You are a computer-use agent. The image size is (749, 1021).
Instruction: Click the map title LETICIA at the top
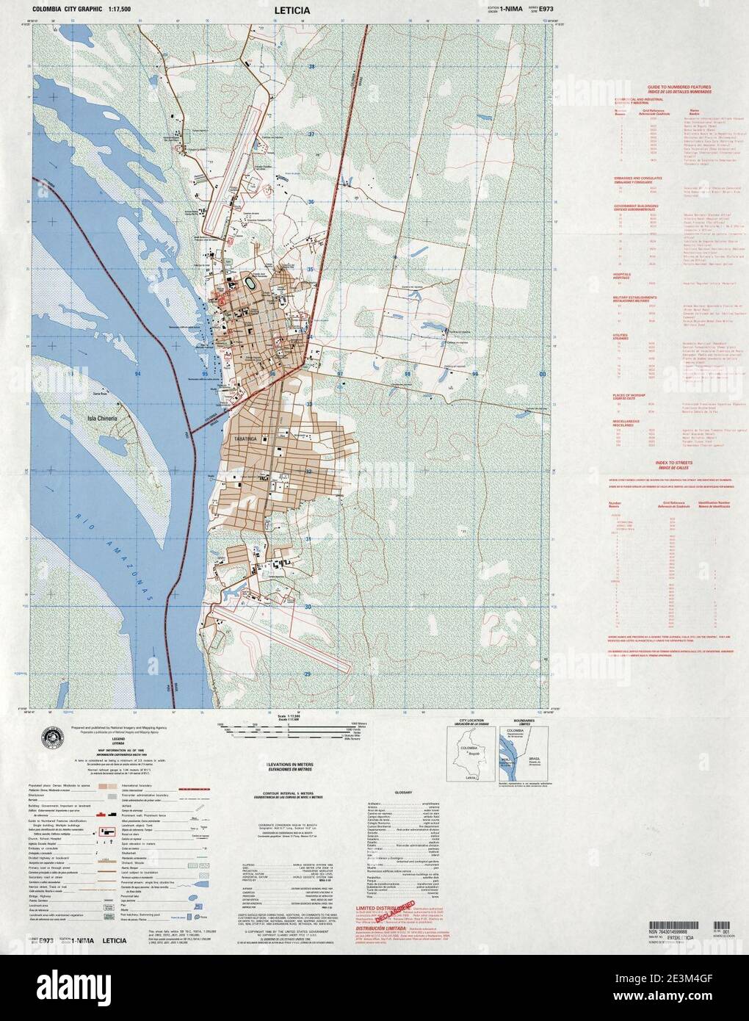[292, 11]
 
